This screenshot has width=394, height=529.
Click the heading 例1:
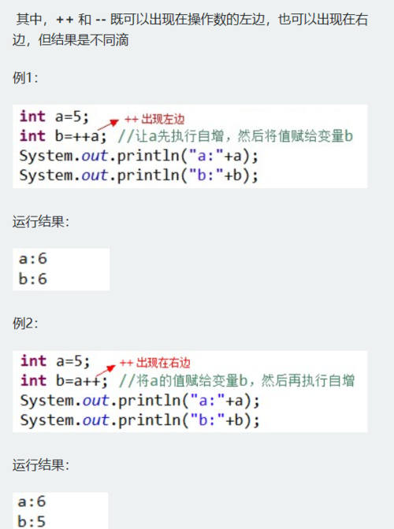[x=25, y=78]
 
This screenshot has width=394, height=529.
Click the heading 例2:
[x=25, y=324]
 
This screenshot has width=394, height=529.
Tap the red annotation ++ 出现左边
[x=154, y=119]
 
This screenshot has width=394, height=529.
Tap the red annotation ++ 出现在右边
[x=155, y=363]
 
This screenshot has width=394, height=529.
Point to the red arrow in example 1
[x=108, y=124]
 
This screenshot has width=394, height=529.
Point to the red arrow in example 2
[x=106, y=371]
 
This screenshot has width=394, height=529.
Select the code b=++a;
[x=80, y=136]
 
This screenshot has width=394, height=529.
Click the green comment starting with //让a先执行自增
[x=236, y=136]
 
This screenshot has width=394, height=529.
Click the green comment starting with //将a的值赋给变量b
[x=236, y=381]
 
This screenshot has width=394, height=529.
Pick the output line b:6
[x=33, y=279]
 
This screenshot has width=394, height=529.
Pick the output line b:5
[x=32, y=521]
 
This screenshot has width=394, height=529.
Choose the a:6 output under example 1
[x=33, y=259]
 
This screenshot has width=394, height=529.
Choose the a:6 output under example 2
[x=32, y=501]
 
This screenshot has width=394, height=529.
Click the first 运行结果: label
[x=41, y=222]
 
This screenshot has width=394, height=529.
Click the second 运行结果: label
[x=41, y=465]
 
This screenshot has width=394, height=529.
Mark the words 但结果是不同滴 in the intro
[x=84, y=40]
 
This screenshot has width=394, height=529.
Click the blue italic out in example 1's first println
[x=95, y=156]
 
